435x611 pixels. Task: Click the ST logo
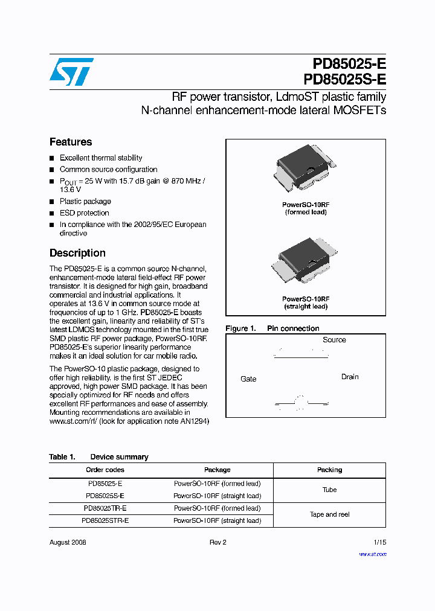tap(71, 71)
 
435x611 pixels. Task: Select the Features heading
tap(71, 142)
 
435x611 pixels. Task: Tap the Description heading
tap(77, 253)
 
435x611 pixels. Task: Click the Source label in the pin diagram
tap(334, 340)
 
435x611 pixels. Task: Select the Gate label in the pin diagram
tap(248, 379)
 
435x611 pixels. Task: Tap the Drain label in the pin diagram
tap(350, 377)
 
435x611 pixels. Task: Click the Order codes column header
tap(105, 470)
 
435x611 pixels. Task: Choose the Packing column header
tap(329, 470)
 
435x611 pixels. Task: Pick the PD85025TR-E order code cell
tap(105, 508)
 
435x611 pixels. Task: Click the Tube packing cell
tap(329, 490)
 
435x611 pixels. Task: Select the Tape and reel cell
tap(329, 514)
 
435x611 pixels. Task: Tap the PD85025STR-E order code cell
tap(105, 520)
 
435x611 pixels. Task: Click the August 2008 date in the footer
tap(68, 542)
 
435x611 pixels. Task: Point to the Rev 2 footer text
tap(217, 542)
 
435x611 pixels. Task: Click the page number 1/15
tap(379, 542)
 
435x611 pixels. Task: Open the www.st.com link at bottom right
tap(372, 554)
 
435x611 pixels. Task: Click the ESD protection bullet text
tap(85, 213)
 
